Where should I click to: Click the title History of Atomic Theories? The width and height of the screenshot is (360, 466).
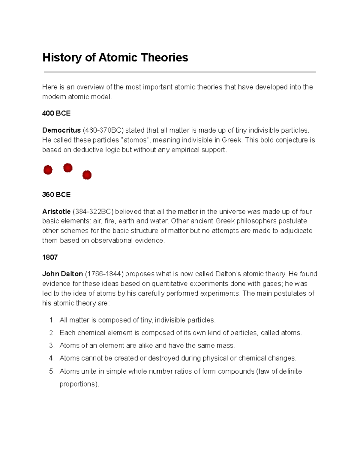[115, 57]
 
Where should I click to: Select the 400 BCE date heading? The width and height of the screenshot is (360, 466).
[56, 113]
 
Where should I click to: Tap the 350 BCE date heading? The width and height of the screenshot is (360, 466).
[56, 194]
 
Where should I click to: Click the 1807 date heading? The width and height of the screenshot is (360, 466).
[50, 257]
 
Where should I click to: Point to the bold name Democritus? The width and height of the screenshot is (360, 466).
[61, 130]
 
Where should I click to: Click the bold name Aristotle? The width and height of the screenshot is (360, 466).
[56, 212]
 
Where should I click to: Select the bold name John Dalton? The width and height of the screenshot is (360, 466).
[62, 274]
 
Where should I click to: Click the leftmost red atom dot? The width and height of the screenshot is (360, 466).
[48, 170]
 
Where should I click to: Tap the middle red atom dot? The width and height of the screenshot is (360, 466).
[68, 168]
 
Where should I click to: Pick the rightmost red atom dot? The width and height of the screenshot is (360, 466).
[87, 175]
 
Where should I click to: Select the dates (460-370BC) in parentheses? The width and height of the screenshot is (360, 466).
[103, 130]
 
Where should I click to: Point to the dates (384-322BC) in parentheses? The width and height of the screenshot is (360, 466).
[93, 212]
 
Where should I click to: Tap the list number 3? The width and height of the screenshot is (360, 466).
[51, 345]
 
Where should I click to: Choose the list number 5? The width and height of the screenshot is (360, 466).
[51, 371]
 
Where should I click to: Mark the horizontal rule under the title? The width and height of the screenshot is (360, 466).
[180, 72]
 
